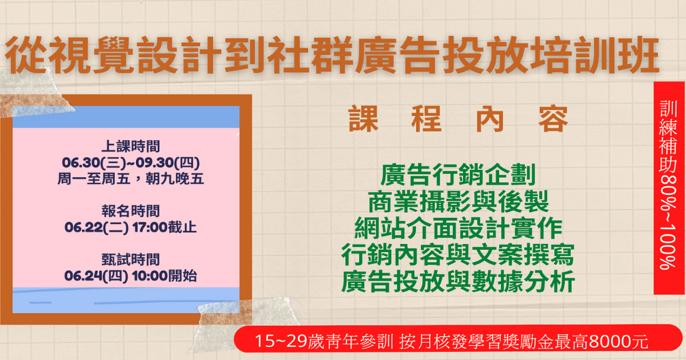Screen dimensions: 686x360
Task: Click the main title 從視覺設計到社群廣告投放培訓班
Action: [332, 55]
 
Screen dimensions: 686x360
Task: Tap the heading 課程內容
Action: [458, 119]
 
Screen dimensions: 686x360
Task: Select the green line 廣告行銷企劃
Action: [458, 174]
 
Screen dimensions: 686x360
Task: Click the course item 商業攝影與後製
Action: [458, 201]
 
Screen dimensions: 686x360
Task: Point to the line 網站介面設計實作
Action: [458, 228]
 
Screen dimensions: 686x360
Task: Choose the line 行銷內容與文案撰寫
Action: [458, 255]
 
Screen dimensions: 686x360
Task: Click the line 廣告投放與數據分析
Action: [458, 281]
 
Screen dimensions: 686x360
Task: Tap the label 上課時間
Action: [131, 146]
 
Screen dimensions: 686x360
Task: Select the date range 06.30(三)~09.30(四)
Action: [131, 162]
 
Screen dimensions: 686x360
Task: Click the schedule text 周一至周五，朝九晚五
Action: [131, 179]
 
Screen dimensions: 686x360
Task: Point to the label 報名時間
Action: [131, 211]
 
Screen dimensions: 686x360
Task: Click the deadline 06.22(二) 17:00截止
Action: [131, 227]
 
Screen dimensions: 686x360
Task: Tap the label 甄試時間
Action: [131, 259]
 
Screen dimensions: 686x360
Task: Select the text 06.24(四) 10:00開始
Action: [131, 276]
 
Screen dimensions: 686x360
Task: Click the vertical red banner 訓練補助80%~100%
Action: [669, 188]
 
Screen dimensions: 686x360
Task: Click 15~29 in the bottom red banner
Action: [281, 341]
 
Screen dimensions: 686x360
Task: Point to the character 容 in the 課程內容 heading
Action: [553, 119]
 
